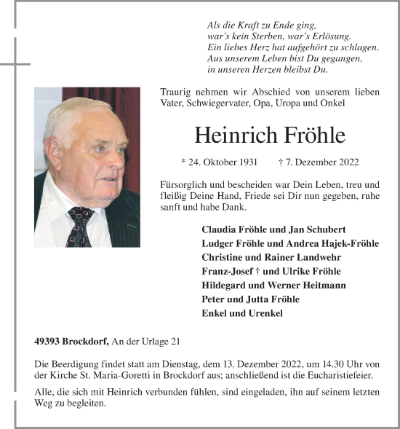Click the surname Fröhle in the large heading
pos(311,135)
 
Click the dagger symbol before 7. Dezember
pos(281,162)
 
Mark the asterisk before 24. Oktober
pos(183,162)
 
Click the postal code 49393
pos(47,341)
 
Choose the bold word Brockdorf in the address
pos(85,341)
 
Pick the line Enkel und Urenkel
pos(242,313)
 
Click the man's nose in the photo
pos(110,157)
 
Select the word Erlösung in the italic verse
pos(331,36)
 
